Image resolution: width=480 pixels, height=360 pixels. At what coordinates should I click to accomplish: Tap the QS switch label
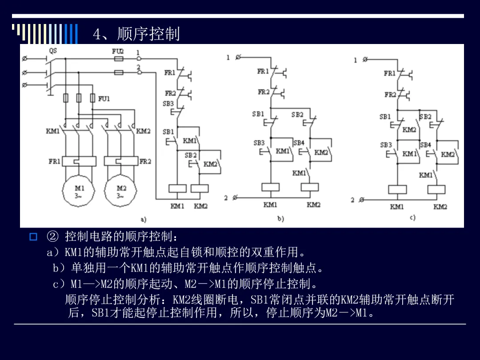(53, 51)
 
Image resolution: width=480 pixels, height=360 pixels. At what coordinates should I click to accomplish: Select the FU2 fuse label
(118, 51)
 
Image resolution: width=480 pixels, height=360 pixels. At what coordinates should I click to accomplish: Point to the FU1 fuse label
(104, 99)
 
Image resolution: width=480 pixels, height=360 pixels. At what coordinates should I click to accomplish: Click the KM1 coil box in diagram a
(177, 188)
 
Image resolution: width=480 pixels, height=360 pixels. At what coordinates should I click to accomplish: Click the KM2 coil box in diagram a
(200, 188)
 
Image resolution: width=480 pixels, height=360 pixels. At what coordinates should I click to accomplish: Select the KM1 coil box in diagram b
(271, 187)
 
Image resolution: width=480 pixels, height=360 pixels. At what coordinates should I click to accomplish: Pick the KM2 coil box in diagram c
(436, 189)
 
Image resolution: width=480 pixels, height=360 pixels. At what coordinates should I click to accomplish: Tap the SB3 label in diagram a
(168, 104)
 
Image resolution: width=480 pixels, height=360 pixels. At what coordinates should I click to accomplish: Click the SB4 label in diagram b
(299, 143)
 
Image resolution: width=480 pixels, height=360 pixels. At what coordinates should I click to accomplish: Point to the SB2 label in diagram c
(425, 116)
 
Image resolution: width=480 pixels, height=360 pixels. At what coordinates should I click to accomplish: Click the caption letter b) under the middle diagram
(281, 219)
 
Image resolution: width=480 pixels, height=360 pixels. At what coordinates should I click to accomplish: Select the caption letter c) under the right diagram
(412, 218)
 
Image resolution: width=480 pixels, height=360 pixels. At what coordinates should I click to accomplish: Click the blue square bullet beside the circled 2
(33, 236)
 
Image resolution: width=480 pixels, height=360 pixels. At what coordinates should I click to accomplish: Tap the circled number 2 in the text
(52, 236)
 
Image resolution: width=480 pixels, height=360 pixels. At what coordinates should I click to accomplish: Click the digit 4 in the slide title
(97, 34)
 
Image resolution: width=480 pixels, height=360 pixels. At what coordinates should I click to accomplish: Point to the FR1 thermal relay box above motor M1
(79, 161)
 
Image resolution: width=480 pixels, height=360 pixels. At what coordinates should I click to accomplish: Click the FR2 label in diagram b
(264, 92)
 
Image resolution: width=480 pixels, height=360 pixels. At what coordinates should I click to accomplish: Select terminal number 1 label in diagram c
(356, 60)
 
